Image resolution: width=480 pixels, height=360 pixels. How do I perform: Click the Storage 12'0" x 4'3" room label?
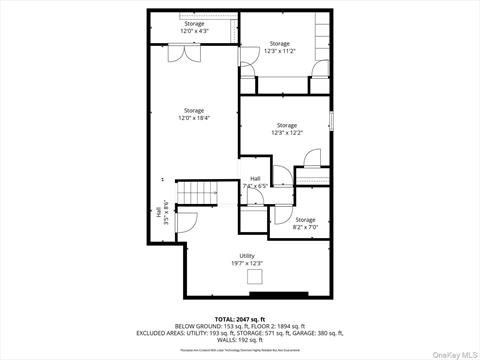(194, 27)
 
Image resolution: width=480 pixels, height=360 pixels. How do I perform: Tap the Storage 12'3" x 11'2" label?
(279, 47)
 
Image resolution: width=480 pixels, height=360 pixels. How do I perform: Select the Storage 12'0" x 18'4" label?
(194, 114)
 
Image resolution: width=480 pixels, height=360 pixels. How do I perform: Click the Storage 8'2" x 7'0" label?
(305, 223)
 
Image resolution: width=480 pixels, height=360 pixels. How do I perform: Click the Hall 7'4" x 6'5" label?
(255, 182)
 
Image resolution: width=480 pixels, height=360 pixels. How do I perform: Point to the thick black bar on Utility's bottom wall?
(279, 294)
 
